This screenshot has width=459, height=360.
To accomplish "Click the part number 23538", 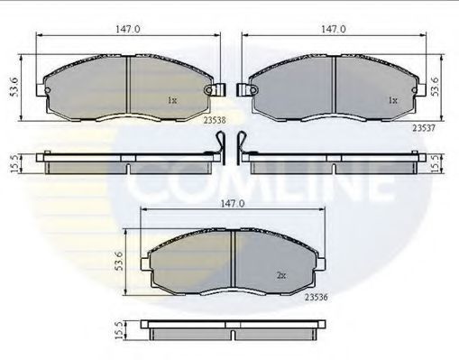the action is click(x=215, y=120).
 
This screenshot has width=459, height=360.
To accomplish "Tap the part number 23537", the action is click(x=424, y=128).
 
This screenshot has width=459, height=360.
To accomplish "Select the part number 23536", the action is click(x=316, y=297).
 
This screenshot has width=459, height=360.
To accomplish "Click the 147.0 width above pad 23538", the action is click(x=128, y=29).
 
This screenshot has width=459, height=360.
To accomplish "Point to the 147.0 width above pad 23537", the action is click(x=334, y=29).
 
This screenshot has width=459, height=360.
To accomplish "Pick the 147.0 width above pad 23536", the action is click(x=233, y=204).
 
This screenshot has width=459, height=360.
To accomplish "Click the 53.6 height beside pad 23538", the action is click(x=14, y=88).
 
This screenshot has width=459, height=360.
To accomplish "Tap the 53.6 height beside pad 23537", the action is click(x=435, y=87).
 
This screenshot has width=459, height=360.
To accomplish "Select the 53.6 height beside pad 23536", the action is click(x=119, y=261).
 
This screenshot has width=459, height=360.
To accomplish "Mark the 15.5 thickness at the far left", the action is click(x=14, y=163).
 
